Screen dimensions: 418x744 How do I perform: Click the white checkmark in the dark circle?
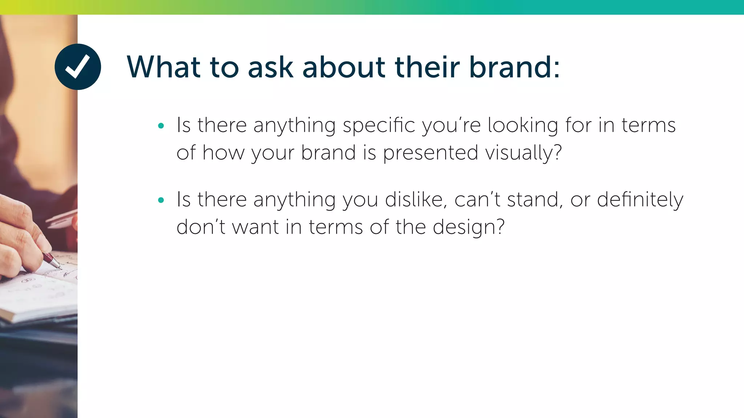(77, 66)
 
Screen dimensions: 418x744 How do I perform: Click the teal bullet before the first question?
(161, 126)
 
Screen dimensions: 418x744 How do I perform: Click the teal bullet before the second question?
(161, 200)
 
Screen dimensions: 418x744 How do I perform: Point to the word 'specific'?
(379, 126)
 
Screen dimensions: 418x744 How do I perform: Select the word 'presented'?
(430, 153)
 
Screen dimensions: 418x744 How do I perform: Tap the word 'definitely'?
(640, 200)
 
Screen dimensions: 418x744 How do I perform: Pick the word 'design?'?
(469, 228)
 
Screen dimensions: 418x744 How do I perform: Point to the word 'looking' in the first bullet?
(522, 126)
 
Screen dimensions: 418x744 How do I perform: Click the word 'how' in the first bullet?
(223, 153)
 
